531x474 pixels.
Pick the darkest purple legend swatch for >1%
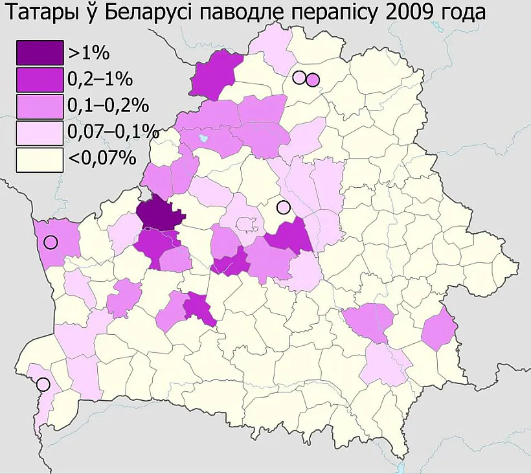[40, 52]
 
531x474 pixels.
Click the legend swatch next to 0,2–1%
[40, 79]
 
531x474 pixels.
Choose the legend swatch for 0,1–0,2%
[40, 106]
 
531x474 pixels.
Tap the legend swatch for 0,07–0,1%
[40, 133]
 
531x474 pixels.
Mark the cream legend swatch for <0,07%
[40, 159]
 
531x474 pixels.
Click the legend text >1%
[88, 52]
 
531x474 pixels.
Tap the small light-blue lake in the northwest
[204, 138]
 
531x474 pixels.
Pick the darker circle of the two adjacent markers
[313, 80]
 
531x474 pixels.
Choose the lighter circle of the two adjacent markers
[299, 78]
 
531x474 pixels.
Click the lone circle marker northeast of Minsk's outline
[282, 207]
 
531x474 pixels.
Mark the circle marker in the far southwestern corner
[43, 384]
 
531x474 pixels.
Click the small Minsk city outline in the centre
[246, 224]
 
